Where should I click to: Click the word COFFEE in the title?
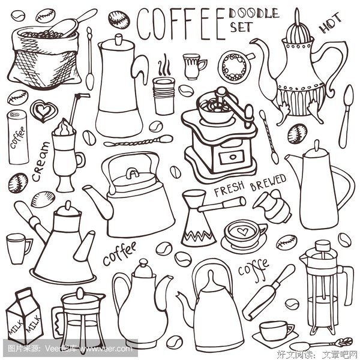[x=181, y=24]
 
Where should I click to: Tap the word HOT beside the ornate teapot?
[x=329, y=23]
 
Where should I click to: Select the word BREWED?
[x=268, y=182]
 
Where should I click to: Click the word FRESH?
[x=229, y=189]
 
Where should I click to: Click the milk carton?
[x=24, y=316]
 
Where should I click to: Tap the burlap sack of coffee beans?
[x=44, y=58]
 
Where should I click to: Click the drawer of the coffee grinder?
[x=232, y=157]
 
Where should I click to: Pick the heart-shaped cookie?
[x=43, y=111]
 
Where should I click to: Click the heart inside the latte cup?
[x=242, y=231]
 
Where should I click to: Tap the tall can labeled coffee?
[x=19, y=137]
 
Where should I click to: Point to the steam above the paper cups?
[x=164, y=65]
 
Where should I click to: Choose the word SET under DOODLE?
[x=241, y=27]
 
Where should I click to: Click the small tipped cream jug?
[x=272, y=206]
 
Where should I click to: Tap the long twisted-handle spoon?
[x=138, y=140]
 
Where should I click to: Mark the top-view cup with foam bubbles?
[x=235, y=66]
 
